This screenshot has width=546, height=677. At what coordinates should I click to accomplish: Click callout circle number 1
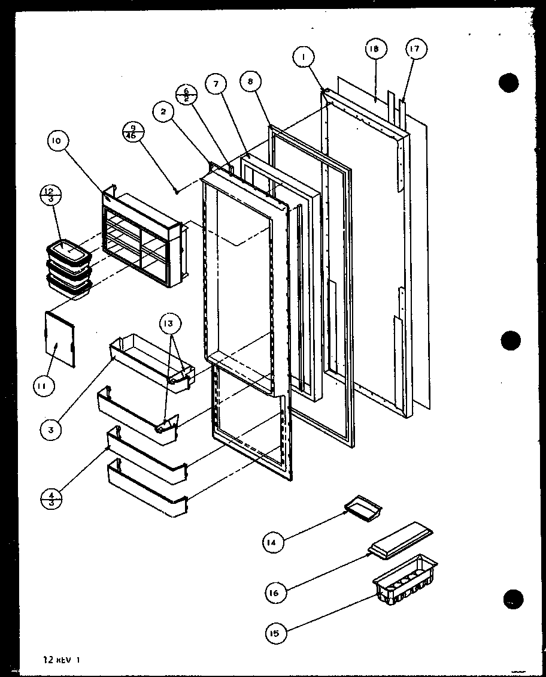(x=304, y=58)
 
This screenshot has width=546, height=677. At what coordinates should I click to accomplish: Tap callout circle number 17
(x=415, y=50)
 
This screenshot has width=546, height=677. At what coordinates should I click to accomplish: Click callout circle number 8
(x=251, y=82)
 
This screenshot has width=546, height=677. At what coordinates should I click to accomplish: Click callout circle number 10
(x=57, y=143)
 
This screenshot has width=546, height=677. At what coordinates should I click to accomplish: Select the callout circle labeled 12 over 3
(x=50, y=196)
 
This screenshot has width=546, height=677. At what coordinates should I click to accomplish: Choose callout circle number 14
(x=272, y=543)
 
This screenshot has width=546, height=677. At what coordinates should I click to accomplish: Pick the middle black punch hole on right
(x=511, y=341)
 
